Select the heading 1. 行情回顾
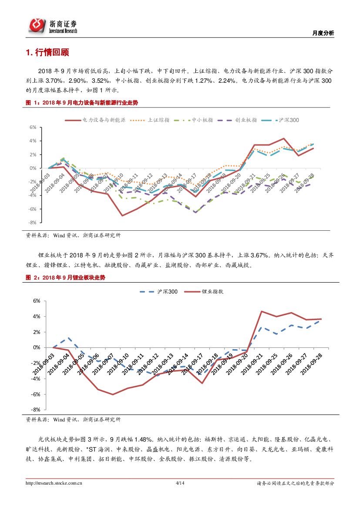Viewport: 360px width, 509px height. coord(47,53)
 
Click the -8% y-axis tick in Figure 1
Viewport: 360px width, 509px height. coord(32,222)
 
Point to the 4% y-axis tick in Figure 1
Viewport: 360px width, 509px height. coord(33,141)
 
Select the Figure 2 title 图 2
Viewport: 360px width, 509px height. coord(65,277)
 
